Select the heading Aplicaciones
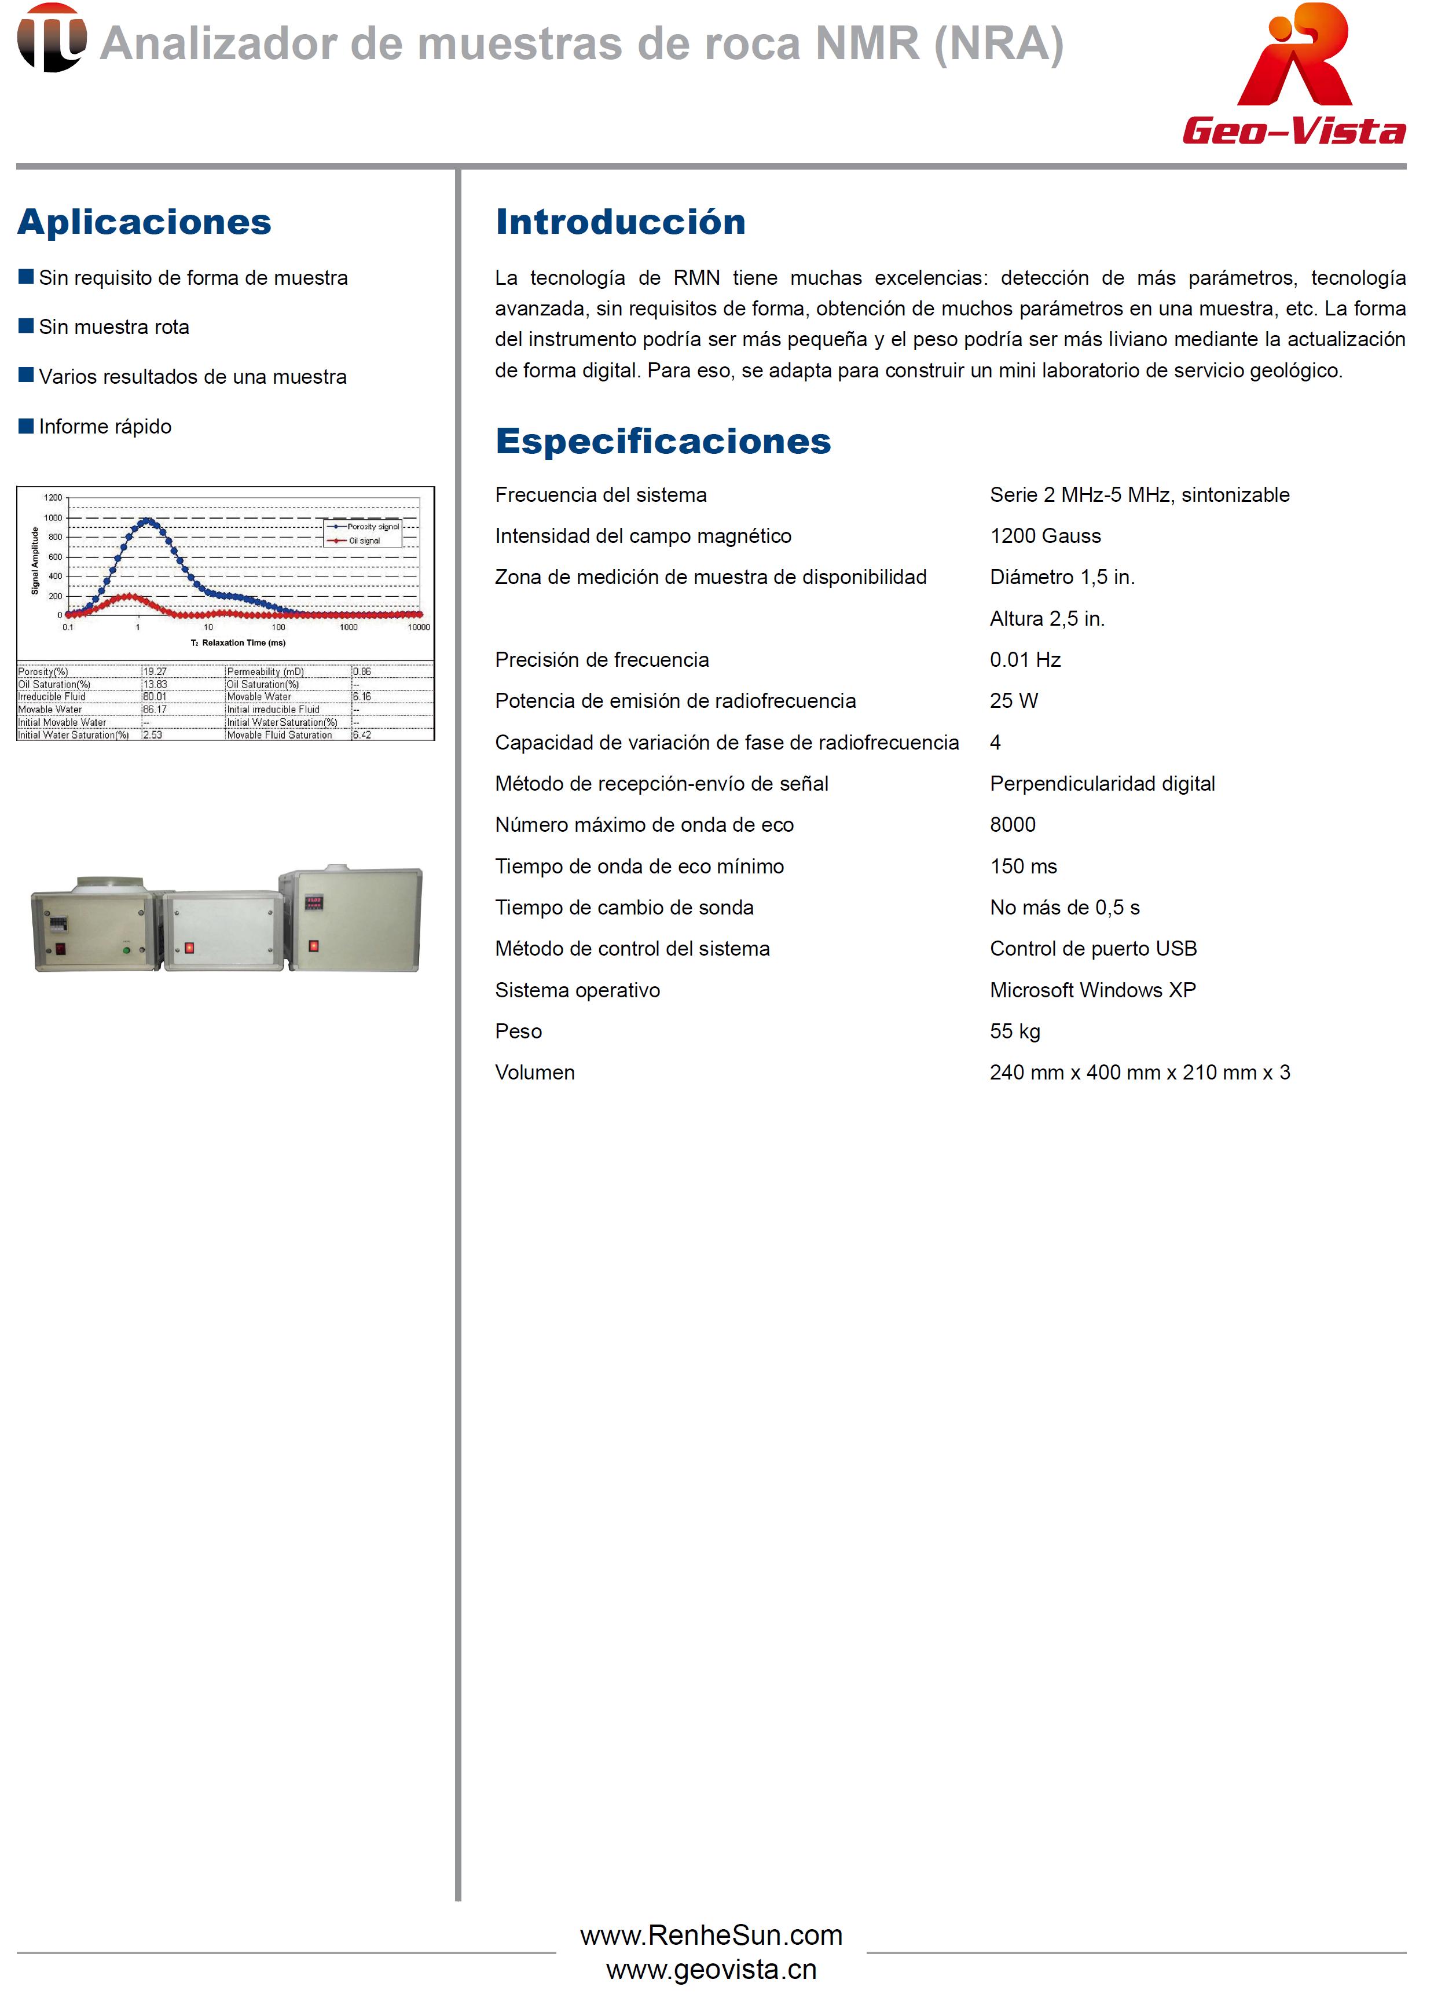145,222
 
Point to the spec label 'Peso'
518,1031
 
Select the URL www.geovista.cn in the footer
710,1969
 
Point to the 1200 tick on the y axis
54,498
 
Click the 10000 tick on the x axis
418,627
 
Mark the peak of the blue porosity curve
146,521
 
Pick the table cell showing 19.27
155,671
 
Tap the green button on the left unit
126,950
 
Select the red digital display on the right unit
314,901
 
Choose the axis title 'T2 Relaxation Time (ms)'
238,642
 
